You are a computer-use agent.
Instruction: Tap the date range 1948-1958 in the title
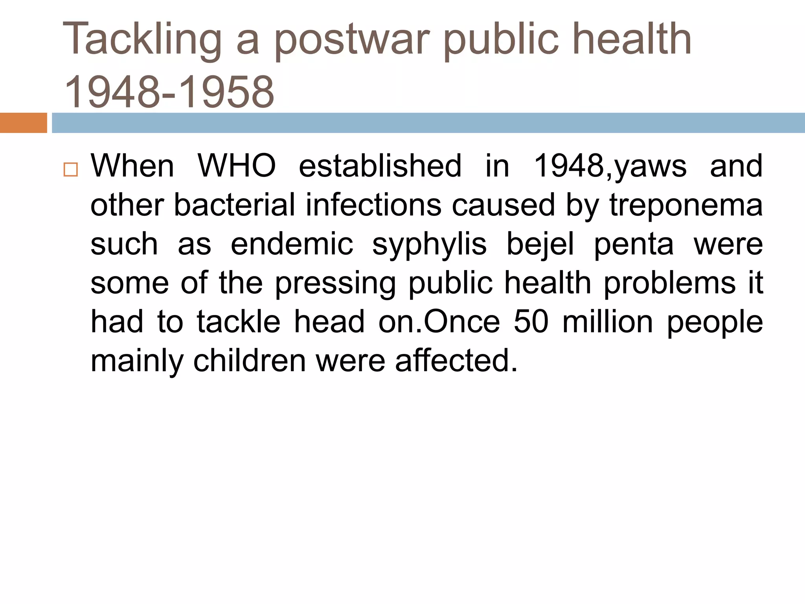point(169,92)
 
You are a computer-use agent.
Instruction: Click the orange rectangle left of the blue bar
point(23,123)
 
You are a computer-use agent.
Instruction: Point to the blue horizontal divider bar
point(428,123)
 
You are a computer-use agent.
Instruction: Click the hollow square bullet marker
point(70,169)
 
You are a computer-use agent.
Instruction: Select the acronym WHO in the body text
point(237,166)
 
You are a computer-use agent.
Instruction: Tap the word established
point(380,166)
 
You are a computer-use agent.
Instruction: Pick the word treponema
point(686,205)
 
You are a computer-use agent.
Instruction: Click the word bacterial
point(234,205)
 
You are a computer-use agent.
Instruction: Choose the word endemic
point(292,244)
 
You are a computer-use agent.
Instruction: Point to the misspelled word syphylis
point(429,244)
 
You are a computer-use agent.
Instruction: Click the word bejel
point(540,244)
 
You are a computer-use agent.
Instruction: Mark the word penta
point(634,244)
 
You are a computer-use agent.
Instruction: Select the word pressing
point(335,283)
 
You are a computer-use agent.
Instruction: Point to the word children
point(249,361)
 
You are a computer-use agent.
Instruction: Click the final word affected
point(456,361)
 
